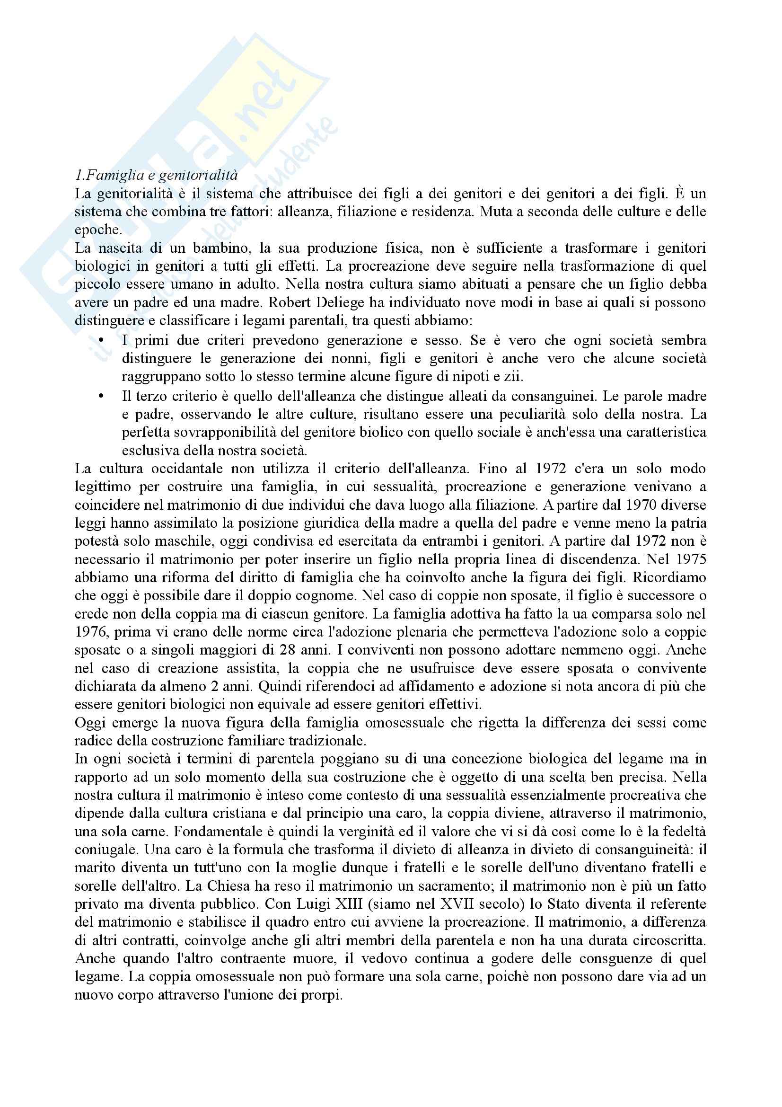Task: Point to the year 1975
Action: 690,559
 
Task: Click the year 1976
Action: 90,632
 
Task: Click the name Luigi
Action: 308,903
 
